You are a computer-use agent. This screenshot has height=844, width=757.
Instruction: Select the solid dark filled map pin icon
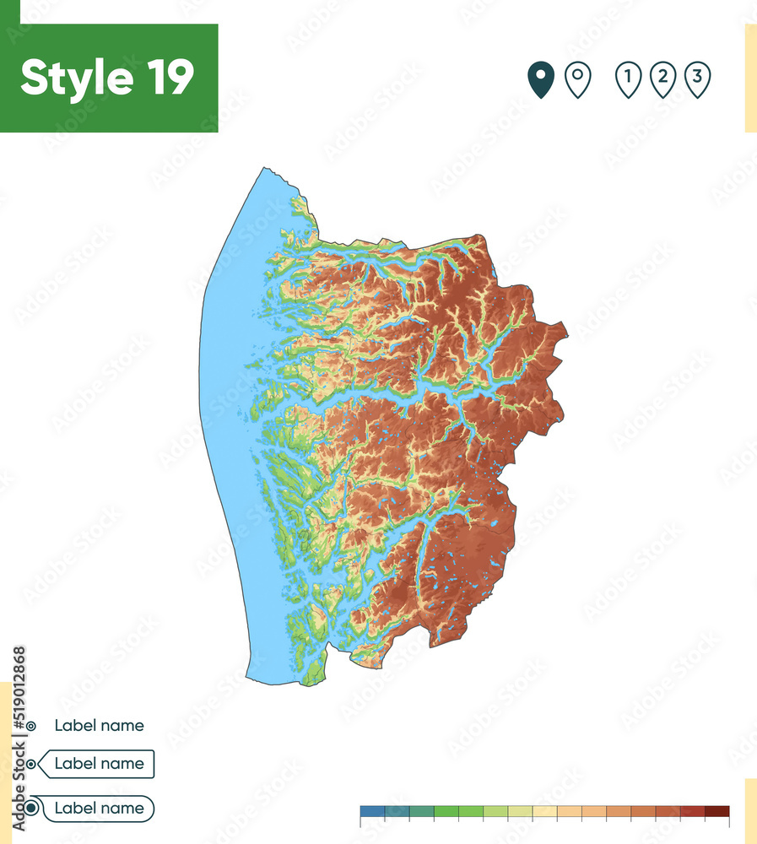[540, 79]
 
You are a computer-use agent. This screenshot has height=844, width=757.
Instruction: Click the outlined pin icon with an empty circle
[577, 79]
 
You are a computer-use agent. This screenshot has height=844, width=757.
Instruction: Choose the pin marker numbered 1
[628, 79]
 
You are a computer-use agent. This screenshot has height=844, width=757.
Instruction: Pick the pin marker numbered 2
[663, 79]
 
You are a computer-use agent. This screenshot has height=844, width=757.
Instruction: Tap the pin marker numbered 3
[697, 79]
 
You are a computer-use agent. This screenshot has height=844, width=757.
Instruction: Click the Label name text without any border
[99, 725]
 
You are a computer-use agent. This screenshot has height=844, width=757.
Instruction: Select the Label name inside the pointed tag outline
[99, 764]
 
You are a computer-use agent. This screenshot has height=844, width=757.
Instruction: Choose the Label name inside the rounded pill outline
[99, 808]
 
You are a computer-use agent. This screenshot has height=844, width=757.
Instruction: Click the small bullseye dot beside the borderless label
[31, 725]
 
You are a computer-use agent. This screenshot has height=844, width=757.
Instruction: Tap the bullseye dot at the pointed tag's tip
[31, 765]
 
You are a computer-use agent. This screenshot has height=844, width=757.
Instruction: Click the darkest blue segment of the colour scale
[372, 812]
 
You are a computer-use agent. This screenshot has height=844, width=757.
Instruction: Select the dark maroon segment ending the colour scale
[717, 812]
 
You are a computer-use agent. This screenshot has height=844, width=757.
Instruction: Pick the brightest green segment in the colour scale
[446, 812]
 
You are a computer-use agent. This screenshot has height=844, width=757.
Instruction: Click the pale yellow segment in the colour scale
[545, 812]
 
